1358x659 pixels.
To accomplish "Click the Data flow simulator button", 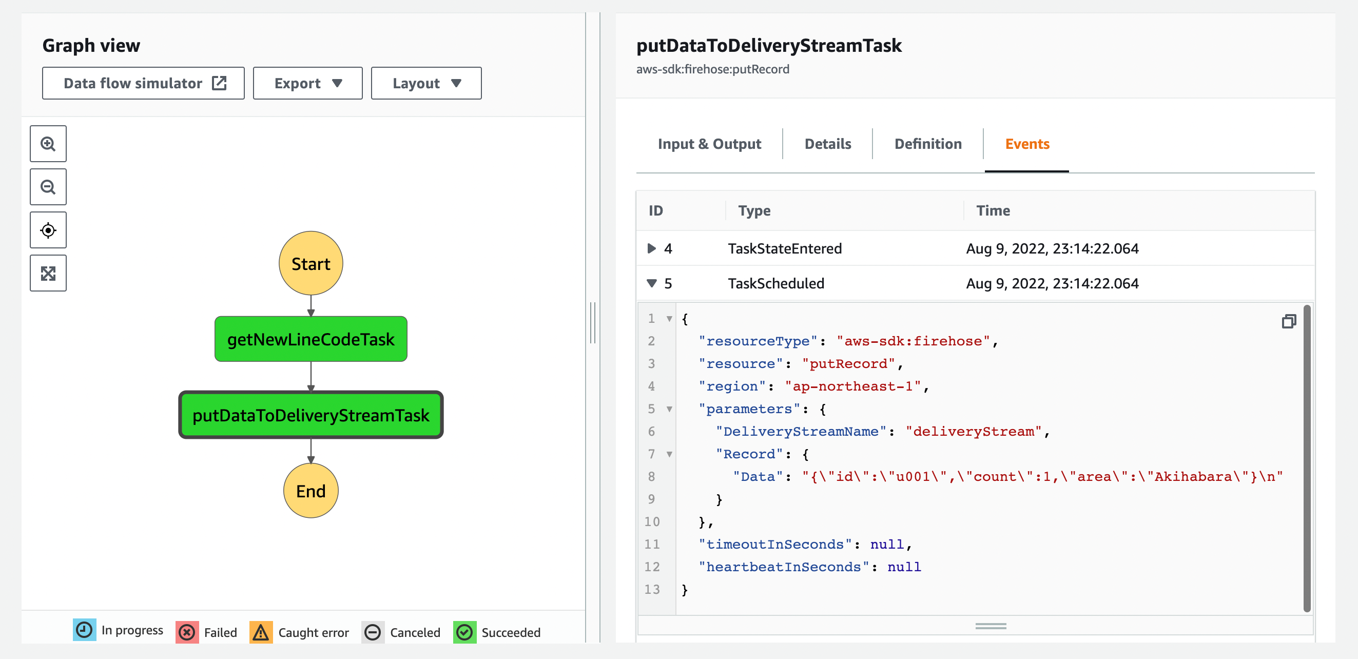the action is pyautogui.click(x=143, y=83).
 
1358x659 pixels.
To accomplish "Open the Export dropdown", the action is pyautogui.click(x=307, y=83).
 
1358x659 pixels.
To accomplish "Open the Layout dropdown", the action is pyautogui.click(x=426, y=83).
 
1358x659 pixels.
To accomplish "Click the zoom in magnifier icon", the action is pyautogui.click(x=48, y=144).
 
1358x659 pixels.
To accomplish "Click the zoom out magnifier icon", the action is pyautogui.click(x=48, y=187).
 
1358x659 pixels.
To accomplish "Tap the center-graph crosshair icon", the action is pyautogui.click(x=48, y=230).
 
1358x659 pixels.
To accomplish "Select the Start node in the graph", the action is pyautogui.click(x=311, y=263).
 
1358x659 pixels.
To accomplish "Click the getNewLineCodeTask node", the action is pyautogui.click(x=311, y=339).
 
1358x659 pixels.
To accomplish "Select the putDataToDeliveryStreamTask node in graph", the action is pyautogui.click(x=311, y=415).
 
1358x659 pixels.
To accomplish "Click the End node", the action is pyautogui.click(x=311, y=491).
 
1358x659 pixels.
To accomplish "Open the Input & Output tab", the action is pyautogui.click(x=709, y=144).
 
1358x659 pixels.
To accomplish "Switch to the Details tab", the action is pyautogui.click(x=828, y=144).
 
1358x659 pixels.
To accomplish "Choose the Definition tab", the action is pyautogui.click(x=928, y=144).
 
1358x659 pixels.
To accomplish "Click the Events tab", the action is pyautogui.click(x=1027, y=144).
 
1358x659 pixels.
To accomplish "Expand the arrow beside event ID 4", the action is pyautogui.click(x=652, y=248).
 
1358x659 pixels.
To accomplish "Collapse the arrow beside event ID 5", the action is pyautogui.click(x=652, y=284).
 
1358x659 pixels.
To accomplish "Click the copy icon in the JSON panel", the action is pyautogui.click(x=1288, y=321).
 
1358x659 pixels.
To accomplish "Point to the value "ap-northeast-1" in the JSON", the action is pyautogui.click(x=852, y=386).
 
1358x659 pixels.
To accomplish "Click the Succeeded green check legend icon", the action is pyautogui.click(x=464, y=632).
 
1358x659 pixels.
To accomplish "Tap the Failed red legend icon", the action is pyautogui.click(x=187, y=632).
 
